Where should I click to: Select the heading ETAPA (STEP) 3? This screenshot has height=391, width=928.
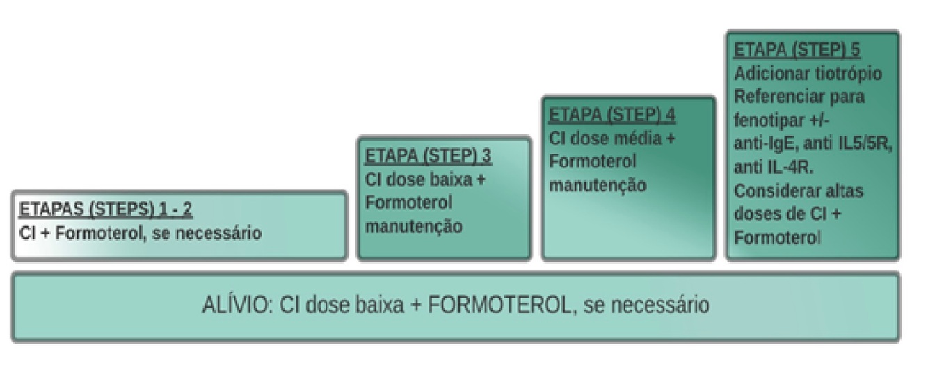(429, 155)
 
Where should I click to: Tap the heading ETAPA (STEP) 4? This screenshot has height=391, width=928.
(612, 115)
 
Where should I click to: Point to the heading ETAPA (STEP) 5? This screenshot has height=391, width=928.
(797, 50)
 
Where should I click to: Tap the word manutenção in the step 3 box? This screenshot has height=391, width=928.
(414, 226)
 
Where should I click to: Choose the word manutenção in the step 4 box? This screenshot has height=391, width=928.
(598, 185)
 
